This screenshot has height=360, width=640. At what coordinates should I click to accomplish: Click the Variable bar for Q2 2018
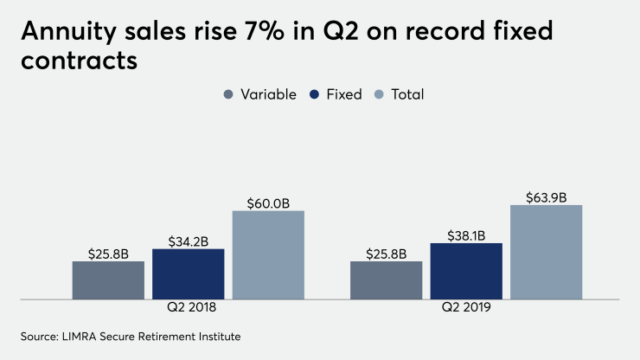[x=108, y=280]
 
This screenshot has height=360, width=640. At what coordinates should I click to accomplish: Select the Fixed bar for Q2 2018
[x=188, y=274]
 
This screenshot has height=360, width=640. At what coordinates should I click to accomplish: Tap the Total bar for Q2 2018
[x=268, y=255]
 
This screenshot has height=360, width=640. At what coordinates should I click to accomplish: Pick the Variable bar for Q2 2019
[x=386, y=280]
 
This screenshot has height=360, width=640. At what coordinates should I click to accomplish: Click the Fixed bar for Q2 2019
[x=466, y=271]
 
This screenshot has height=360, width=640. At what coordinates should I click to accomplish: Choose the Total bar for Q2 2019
[x=546, y=252]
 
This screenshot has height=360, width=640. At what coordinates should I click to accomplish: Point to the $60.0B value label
[x=268, y=203]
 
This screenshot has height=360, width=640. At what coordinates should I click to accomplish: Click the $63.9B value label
[x=546, y=197]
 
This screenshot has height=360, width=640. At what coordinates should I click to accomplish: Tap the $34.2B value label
[x=188, y=241]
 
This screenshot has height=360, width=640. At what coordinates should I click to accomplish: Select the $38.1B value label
[x=466, y=235]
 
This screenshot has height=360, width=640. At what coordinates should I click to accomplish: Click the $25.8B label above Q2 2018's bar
[x=108, y=254]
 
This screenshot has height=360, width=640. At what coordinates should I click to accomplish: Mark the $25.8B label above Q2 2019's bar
[x=386, y=254]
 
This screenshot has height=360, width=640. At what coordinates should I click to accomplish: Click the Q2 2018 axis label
[x=189, y=309]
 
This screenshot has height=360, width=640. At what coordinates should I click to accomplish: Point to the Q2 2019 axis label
[x=466, y=309]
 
